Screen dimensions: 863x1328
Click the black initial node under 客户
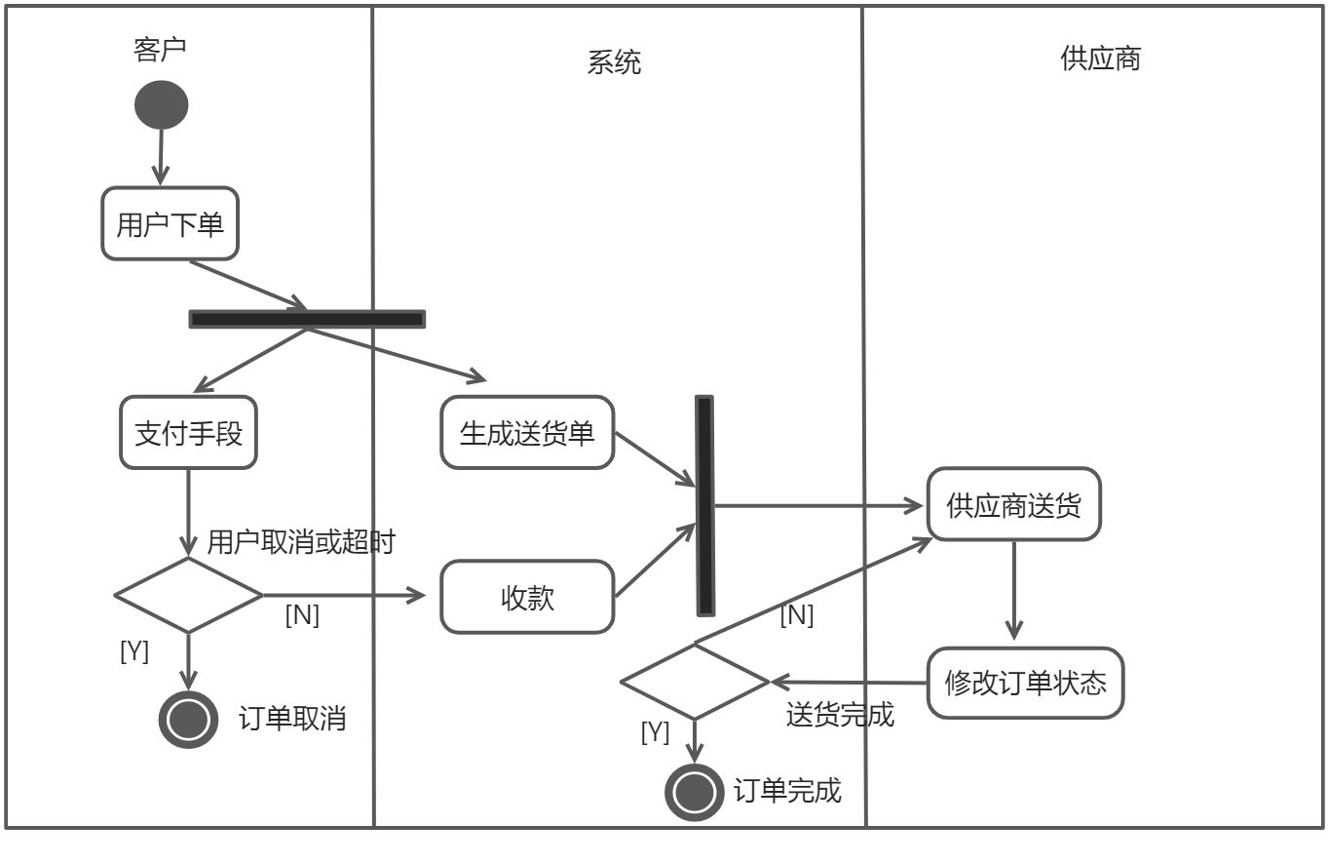(161, 104)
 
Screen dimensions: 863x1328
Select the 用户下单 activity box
(171, 224)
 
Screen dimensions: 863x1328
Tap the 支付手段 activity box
(189, 433)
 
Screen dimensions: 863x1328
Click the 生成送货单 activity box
(527, 433)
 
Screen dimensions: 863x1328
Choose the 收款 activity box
(527, 597)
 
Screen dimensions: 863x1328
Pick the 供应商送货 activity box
(1013, 505)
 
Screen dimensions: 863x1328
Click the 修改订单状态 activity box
(1025, 683)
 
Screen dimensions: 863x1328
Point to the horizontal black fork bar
(307, 319)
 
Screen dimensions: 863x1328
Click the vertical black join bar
(704, 505)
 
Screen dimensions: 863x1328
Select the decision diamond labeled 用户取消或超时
(188, 595)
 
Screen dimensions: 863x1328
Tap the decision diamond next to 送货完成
(695, 682)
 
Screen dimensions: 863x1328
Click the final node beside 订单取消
(188, 720)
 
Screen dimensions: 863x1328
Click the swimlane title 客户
(159, 49)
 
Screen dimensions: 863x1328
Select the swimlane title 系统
(615, 63)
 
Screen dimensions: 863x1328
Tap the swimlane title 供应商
(1100, 59)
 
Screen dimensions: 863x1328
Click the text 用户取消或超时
(301, 542)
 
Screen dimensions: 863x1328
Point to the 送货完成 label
(840, 715)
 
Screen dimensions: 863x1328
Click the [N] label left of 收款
(302, 615)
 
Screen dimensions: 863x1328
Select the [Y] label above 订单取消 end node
(134, 651)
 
